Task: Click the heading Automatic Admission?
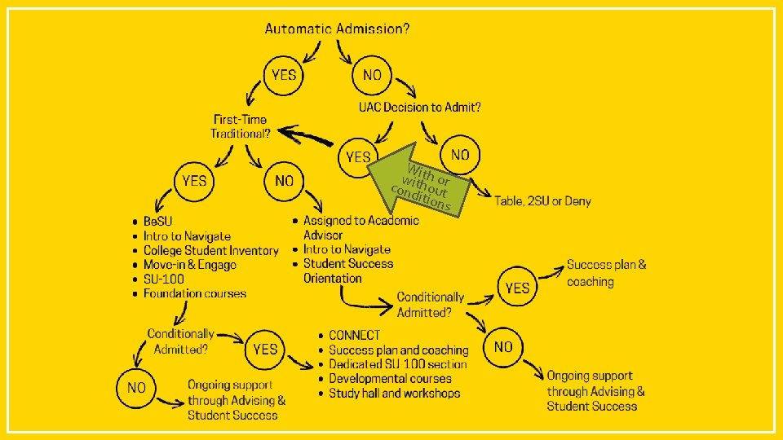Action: pos(337,29)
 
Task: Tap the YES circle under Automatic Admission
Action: pos(284,75)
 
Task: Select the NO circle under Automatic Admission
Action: pos(372,75)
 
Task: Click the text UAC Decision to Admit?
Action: pos(419,107)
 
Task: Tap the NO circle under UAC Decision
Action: pos(460,154)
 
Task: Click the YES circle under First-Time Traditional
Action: pos(194,180)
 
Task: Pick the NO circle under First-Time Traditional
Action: pos(284,180)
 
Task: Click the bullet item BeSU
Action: pos(157,222)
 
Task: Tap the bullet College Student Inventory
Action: pos(210,251)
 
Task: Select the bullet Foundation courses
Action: pos(194,293)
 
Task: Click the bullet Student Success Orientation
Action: pos(347,271)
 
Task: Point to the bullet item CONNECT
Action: pos(354,335)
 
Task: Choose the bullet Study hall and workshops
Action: pos(394,394)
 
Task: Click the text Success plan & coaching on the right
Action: pos(606,273)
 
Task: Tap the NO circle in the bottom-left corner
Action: pos(136,388)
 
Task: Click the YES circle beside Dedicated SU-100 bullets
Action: pos(265,349)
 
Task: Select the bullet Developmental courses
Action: pos(390,379)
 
